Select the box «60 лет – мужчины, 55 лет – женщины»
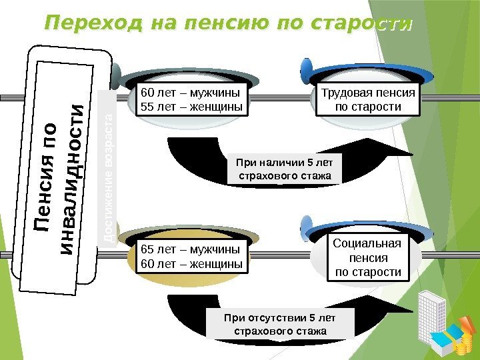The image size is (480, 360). click(190, 99)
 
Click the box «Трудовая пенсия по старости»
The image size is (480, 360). click(368, 99)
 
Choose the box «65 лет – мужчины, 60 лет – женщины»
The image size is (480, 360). click(190, 257)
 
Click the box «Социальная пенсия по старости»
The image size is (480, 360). click(368, 257)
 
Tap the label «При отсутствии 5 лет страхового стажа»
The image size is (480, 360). click(281, 323)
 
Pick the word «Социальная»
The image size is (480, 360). click(367, 243)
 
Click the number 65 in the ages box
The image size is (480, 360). click(146, 250)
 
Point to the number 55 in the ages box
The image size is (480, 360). click(146, 107)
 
